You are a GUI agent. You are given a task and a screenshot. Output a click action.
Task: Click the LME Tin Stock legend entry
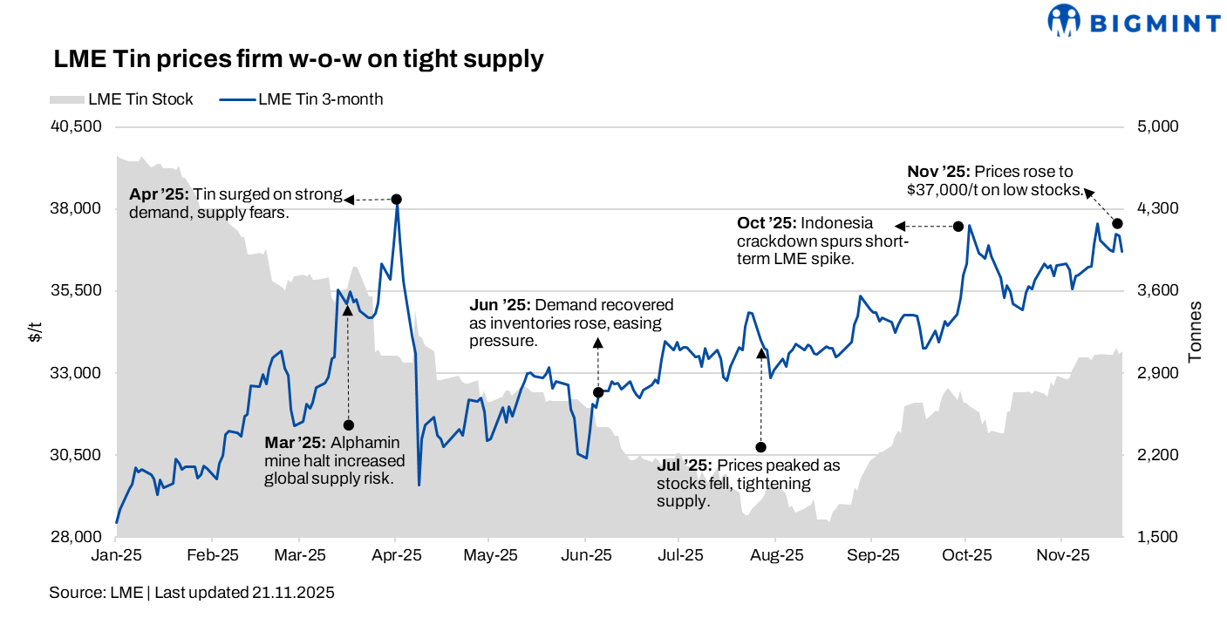pos(122,99)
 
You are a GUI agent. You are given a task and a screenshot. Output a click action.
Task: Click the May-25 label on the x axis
pos(491,554)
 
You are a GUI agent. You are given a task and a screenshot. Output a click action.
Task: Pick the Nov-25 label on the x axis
pos(1061,554)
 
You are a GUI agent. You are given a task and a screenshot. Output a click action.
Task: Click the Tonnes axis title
pos(1196,332)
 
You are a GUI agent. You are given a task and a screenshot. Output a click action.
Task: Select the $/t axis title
pos(35,332)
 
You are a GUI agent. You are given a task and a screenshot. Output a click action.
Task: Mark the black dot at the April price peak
pos(397,200)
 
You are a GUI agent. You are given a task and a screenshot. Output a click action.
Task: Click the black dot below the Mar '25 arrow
pos(348,425)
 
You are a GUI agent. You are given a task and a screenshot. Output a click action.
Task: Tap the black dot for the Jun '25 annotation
pos(598,393)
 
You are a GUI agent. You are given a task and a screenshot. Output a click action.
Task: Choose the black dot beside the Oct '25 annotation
pos(958,227)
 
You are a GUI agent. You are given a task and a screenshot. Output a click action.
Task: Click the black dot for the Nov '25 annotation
pos(1117,224)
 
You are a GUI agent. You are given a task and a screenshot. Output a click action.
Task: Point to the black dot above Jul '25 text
pos(760,447)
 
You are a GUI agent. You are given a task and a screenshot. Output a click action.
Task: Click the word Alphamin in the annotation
pos(366,442)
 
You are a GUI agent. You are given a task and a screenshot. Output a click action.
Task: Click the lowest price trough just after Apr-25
pos(419,485)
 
